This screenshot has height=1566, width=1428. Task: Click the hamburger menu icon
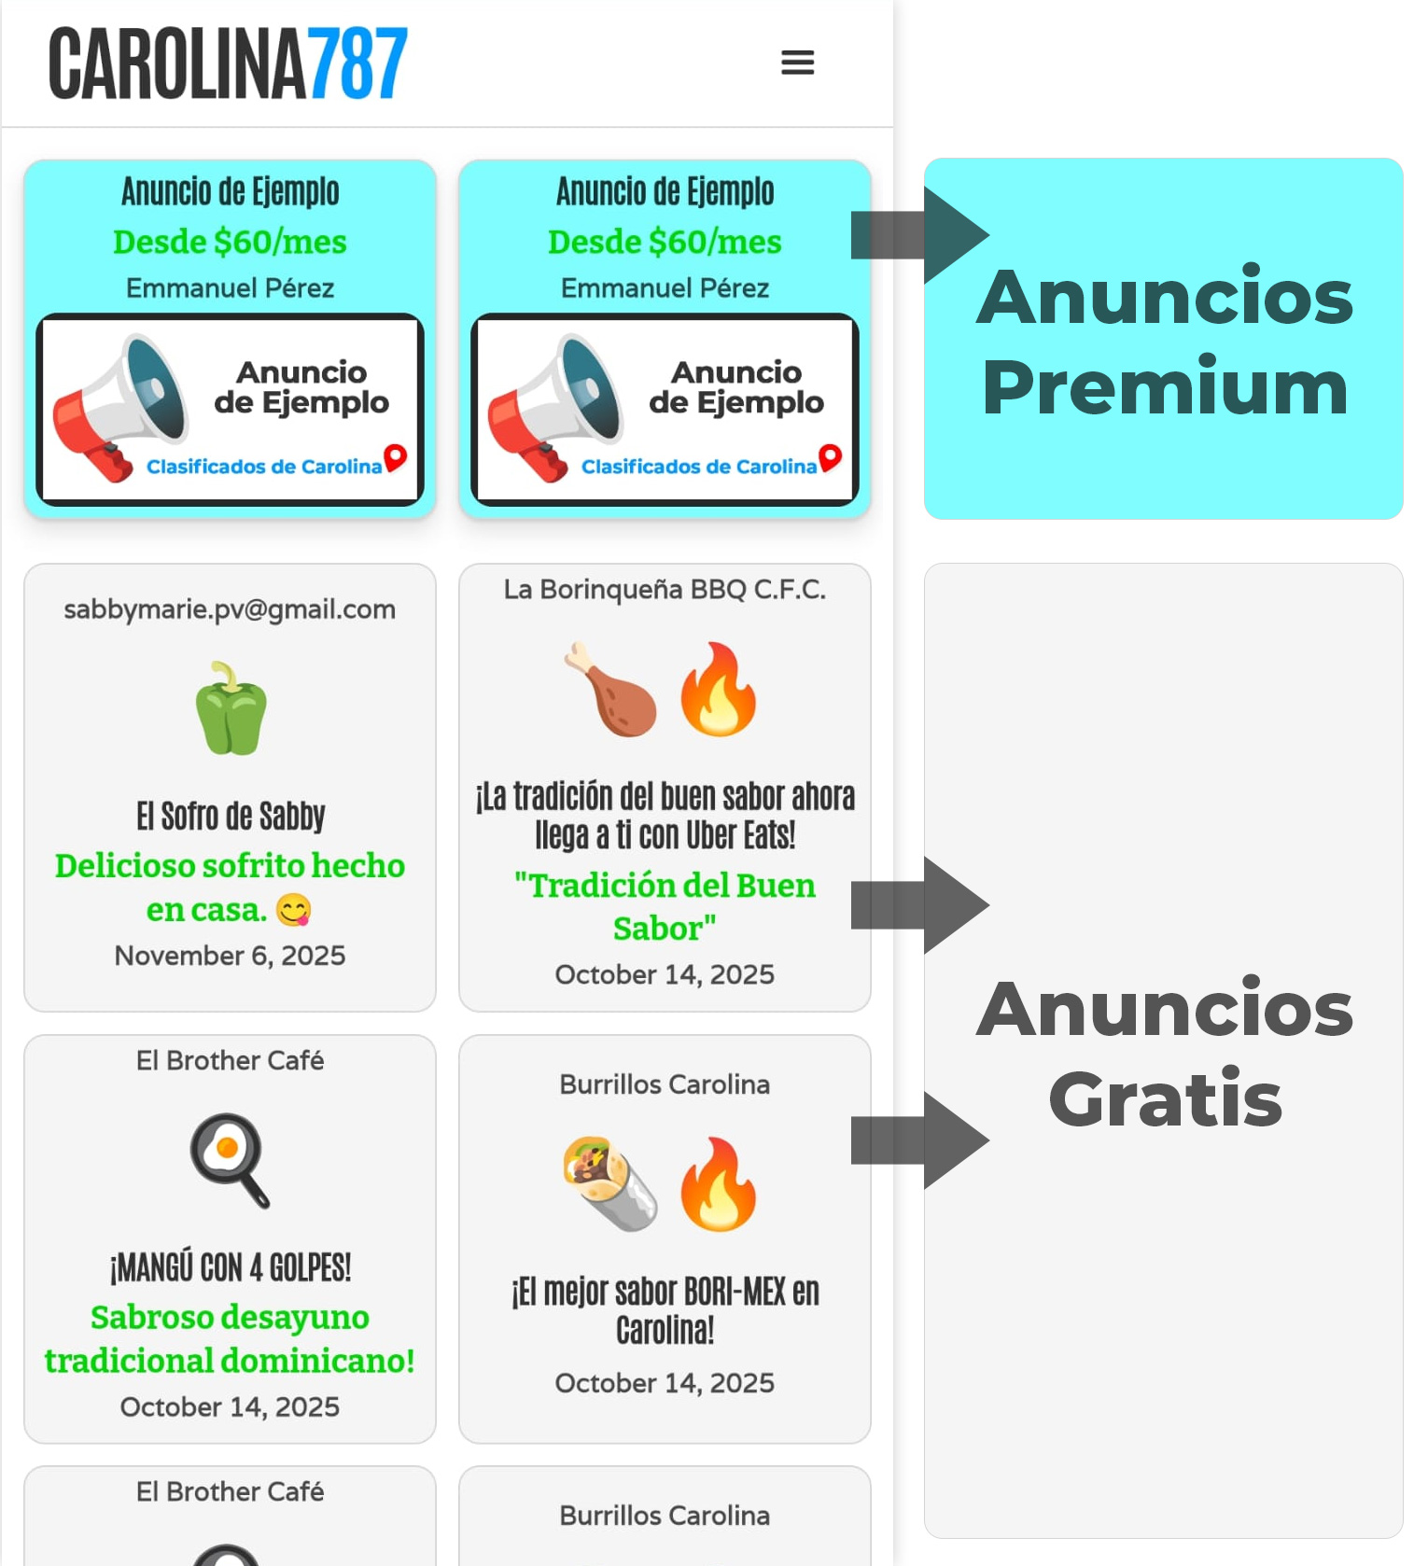click(797, 63)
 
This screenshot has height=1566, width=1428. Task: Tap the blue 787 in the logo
click(357, 63)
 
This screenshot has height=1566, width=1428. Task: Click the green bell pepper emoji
click(231, 708)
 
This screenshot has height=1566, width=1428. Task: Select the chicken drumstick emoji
click(611, 689)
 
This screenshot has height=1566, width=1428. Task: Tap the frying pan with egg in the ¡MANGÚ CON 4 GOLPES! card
click(230, 1159)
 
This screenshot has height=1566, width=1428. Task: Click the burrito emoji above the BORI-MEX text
click(609, 1183)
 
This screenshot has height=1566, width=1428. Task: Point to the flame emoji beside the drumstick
click(718, 689)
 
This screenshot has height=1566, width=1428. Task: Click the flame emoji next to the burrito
click(718, 1183)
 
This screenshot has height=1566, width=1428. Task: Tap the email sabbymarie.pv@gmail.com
click(230, 609)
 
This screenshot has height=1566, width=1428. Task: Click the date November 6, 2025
click(230, 956)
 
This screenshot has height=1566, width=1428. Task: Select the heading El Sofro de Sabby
click(231, 817)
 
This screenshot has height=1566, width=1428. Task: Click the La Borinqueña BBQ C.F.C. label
click(665, 590)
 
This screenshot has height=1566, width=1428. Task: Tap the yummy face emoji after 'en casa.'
click(294, 910)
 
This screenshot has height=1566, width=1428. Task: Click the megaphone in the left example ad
click(119, 408)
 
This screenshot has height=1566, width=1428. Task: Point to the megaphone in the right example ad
click(554, 408)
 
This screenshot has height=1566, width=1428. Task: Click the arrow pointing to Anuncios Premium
click(919, 235)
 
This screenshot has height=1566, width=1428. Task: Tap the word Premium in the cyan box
click(1165, 388)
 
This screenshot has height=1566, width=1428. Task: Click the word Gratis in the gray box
click(1165, 1099)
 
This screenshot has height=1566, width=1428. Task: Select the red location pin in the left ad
click(396, 456)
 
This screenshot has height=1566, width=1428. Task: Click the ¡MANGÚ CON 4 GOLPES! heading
click(231, 1268)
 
